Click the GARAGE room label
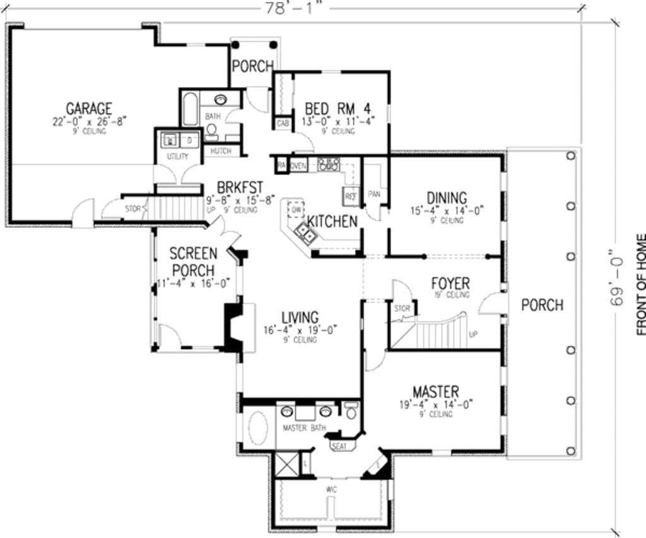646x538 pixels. [x=89, y=109]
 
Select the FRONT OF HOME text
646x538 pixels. [x=640, y=284]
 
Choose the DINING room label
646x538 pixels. [x=447, y=198]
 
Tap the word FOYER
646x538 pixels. [x=450, y=283]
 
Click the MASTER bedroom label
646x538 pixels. [x=435, y=392]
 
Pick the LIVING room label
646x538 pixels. [x=300, y=317]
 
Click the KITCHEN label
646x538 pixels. [x=332, y=222]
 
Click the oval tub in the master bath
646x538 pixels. [x=257, y=427]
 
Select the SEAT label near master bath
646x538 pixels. [x=339, y=446]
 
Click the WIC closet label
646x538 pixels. [x=331, y=489]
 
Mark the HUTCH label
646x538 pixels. [x=221, y=151]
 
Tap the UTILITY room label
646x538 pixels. [x=173, y=155]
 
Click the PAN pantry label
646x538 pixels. [x=373, y=194]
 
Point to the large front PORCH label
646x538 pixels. [x=542, y=305]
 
